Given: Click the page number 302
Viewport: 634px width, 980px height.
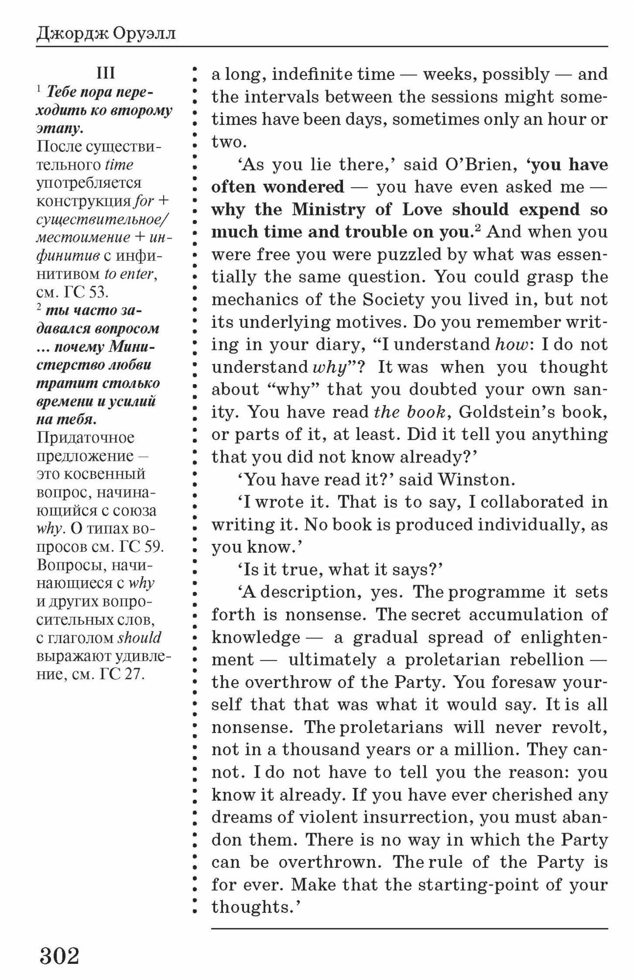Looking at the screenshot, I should pos(59,955).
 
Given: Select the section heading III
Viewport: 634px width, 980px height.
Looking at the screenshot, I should pos(105,73).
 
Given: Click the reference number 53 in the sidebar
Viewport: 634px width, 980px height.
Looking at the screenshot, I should pos(98,292).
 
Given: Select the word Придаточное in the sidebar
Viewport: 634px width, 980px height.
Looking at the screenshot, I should pos(86,437).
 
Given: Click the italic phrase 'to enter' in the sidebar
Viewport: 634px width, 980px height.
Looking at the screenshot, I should pos(130,274).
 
